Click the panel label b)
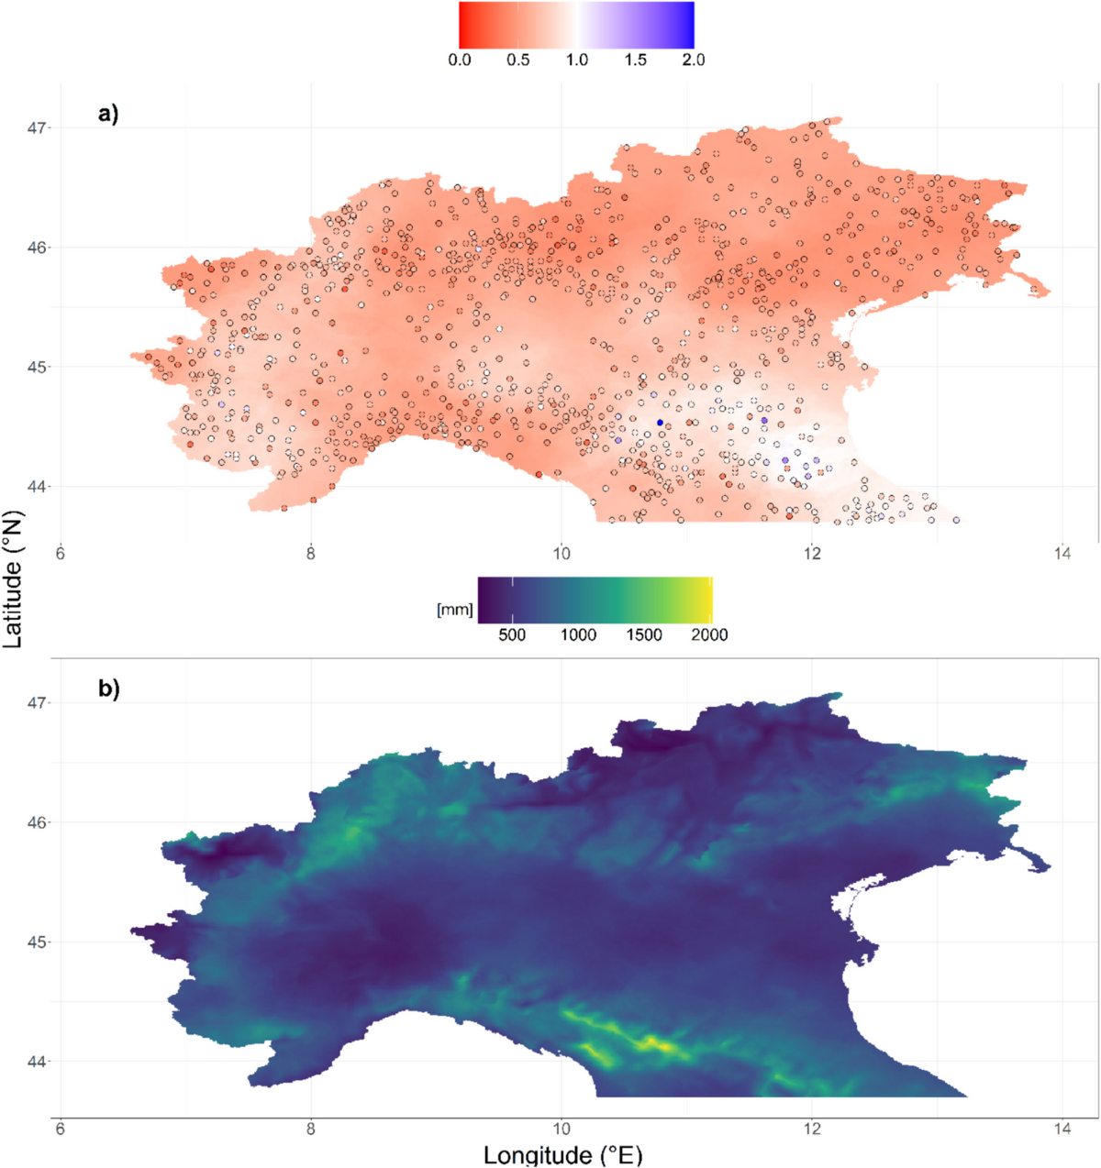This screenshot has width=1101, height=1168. point(108,689)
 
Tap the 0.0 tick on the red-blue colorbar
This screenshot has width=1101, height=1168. point(460,61)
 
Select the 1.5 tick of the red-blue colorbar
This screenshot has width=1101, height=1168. point(635,61)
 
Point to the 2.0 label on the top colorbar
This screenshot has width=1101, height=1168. point(694,61)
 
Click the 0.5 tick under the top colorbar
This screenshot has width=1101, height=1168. point(518,61)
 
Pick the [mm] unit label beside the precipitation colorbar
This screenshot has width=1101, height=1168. point(455,609)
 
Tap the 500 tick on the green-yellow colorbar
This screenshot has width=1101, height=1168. point(512,634)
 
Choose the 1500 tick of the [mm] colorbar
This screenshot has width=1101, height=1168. point(644,634)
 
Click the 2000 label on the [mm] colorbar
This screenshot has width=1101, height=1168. point(709,634)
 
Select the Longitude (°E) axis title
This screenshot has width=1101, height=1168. point(562,1154)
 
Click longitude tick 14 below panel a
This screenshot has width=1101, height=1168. point(1062,554)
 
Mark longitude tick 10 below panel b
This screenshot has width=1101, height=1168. point(562,1129)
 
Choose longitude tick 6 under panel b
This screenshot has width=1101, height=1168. point(61,1129)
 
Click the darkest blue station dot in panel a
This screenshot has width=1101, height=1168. point(660,423)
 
